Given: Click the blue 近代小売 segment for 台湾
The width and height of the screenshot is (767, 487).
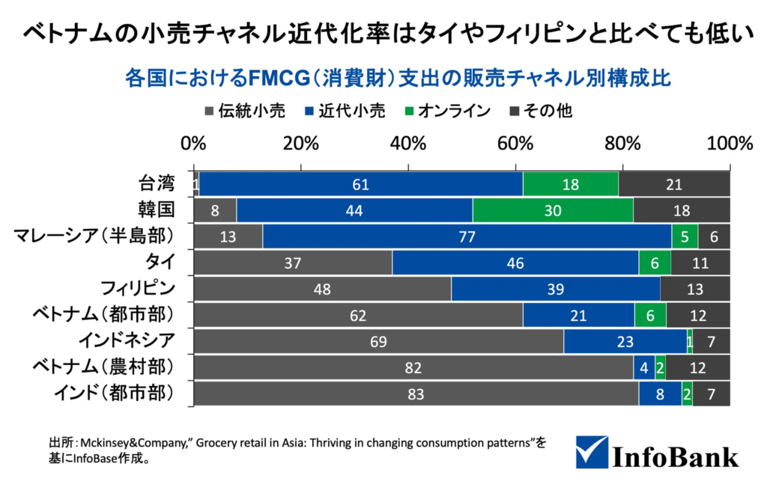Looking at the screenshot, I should tap(360, 184).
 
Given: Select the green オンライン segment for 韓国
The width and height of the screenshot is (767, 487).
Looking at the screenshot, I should tap(553, 210).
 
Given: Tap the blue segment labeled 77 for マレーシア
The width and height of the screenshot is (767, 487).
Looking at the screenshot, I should tap(467, 236).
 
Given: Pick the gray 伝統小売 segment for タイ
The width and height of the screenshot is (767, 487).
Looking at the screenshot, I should tap(293, 263).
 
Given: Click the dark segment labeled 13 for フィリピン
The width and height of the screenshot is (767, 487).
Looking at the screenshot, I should tap(695, 289).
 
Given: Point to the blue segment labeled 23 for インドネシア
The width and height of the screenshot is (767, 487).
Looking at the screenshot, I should tap(625, 341).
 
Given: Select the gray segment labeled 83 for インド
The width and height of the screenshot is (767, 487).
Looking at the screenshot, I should tap(416, 394).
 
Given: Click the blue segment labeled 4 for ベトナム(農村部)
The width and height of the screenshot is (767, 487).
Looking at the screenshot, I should tap(644, 368).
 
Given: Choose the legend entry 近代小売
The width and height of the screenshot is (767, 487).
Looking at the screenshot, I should tap(345, 111).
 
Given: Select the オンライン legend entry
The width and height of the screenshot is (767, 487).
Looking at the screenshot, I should tap(446, 111).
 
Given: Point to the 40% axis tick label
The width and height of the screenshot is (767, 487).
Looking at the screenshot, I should tap(407, 144).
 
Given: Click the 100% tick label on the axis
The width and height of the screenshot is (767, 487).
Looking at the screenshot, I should tap(729, 144).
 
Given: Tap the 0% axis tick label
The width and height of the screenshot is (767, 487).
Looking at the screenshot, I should tap(194, 144).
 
